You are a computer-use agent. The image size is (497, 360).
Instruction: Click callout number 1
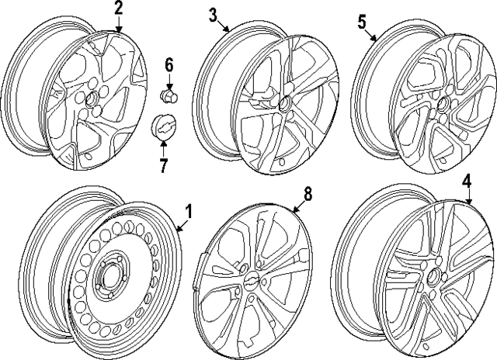coord(187,211)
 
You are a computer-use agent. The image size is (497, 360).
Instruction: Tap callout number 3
coord(213,15)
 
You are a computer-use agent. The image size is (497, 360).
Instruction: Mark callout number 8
coord(308,195)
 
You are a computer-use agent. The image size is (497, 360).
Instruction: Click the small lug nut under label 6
coord(167,95)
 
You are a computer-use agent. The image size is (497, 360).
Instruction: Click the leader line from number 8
coord(300,205)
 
